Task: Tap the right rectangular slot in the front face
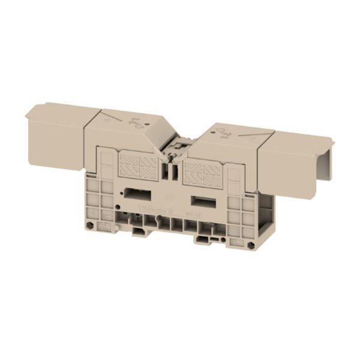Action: (200, 199)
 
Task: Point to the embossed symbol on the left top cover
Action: (136, 125)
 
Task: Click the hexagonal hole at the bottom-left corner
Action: (90, 225)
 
